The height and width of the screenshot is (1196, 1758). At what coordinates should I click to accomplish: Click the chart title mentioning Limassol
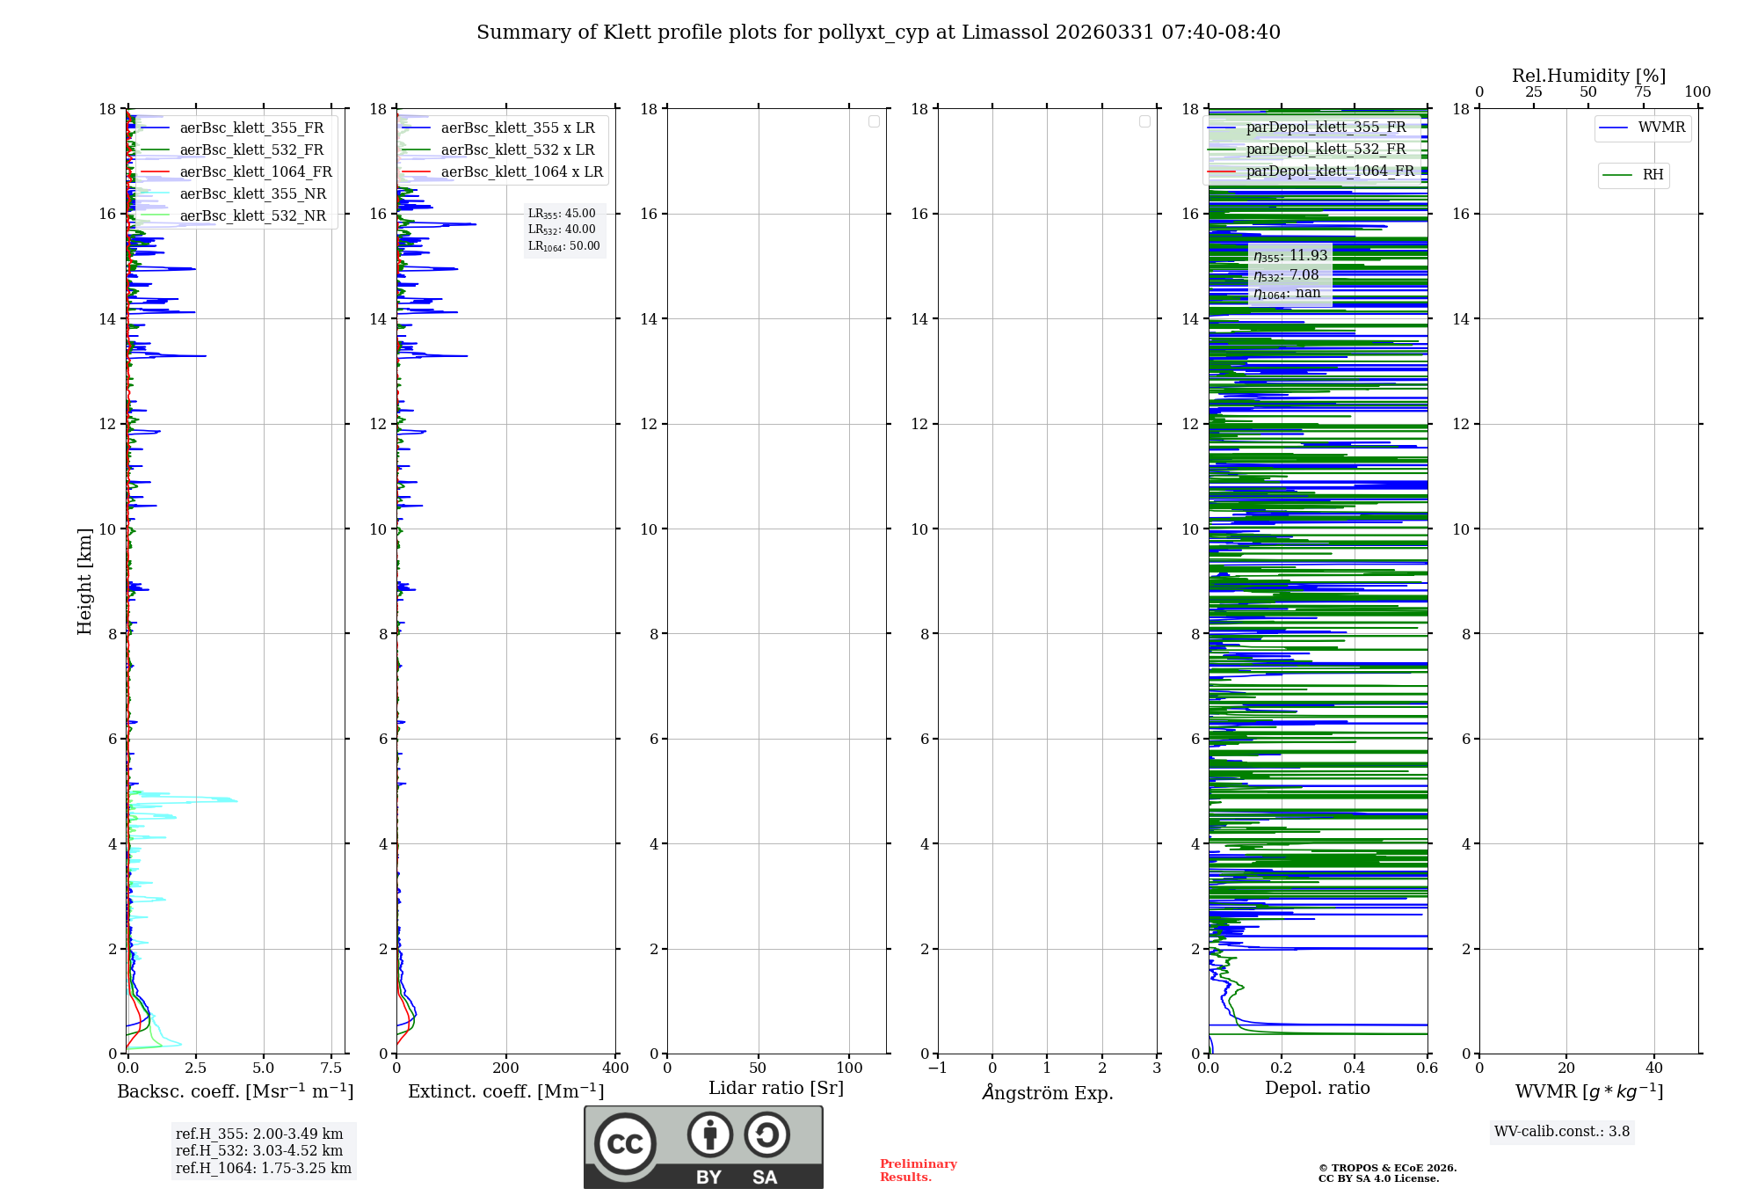pyautogui.click(x=878, y=33)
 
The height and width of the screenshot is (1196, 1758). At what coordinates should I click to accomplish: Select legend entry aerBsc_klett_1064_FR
pyautogui.click(x=255, y=172)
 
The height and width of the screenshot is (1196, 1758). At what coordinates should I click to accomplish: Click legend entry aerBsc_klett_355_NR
pyautogui.click(x=252, y=194)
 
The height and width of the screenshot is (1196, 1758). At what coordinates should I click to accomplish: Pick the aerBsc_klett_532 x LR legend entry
pyautogui.click(x=517, y=150)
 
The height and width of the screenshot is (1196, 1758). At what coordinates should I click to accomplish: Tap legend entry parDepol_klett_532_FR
pyautogui.click(x=1326, y=149)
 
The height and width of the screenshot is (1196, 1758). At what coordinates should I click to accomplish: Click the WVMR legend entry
pyautogui.click(x=1661, y=128)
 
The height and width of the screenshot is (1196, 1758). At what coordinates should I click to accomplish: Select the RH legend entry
pyautogui.click(x=1653, y=175)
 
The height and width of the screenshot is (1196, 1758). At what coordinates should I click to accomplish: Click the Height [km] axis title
pyautogui.click(x=84, y=581)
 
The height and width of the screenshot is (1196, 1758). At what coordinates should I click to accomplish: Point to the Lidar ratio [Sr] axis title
pyautogui.click(x=776, y=1089)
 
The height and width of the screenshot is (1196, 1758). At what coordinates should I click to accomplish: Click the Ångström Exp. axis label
pyautogui.click(x=1047, y=1093)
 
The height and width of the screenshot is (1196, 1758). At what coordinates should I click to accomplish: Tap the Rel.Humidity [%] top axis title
pyautogui.click(x=1588, y=77)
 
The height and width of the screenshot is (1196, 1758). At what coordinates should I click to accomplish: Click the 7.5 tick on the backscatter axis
pyautogui.click(x=331, y=1068)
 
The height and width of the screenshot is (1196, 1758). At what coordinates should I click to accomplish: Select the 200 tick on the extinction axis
pyautogui.click(x=506, y=1068)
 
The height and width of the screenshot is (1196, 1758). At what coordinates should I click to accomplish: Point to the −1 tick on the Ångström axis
pyautogui.click(x=937, y=1068)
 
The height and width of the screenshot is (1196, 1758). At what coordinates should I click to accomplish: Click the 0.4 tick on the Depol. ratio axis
pyautogui.click(x=1355, y=1068)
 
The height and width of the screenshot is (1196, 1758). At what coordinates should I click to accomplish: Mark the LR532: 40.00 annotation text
pyautogui.click(x=562, y=230)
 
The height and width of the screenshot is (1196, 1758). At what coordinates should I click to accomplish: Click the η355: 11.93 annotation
pyautogui.click(x=1290, y=256)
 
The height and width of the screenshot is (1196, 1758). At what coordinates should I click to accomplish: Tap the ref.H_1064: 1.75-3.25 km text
pyautogui.click(x=264, y=1169)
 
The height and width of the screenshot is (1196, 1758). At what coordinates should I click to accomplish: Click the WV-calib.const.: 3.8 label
pyautogui.click(x=1562, y=1132)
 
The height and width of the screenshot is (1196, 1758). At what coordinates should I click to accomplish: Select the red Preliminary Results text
pyautogui.click(x=918, y=1170)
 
